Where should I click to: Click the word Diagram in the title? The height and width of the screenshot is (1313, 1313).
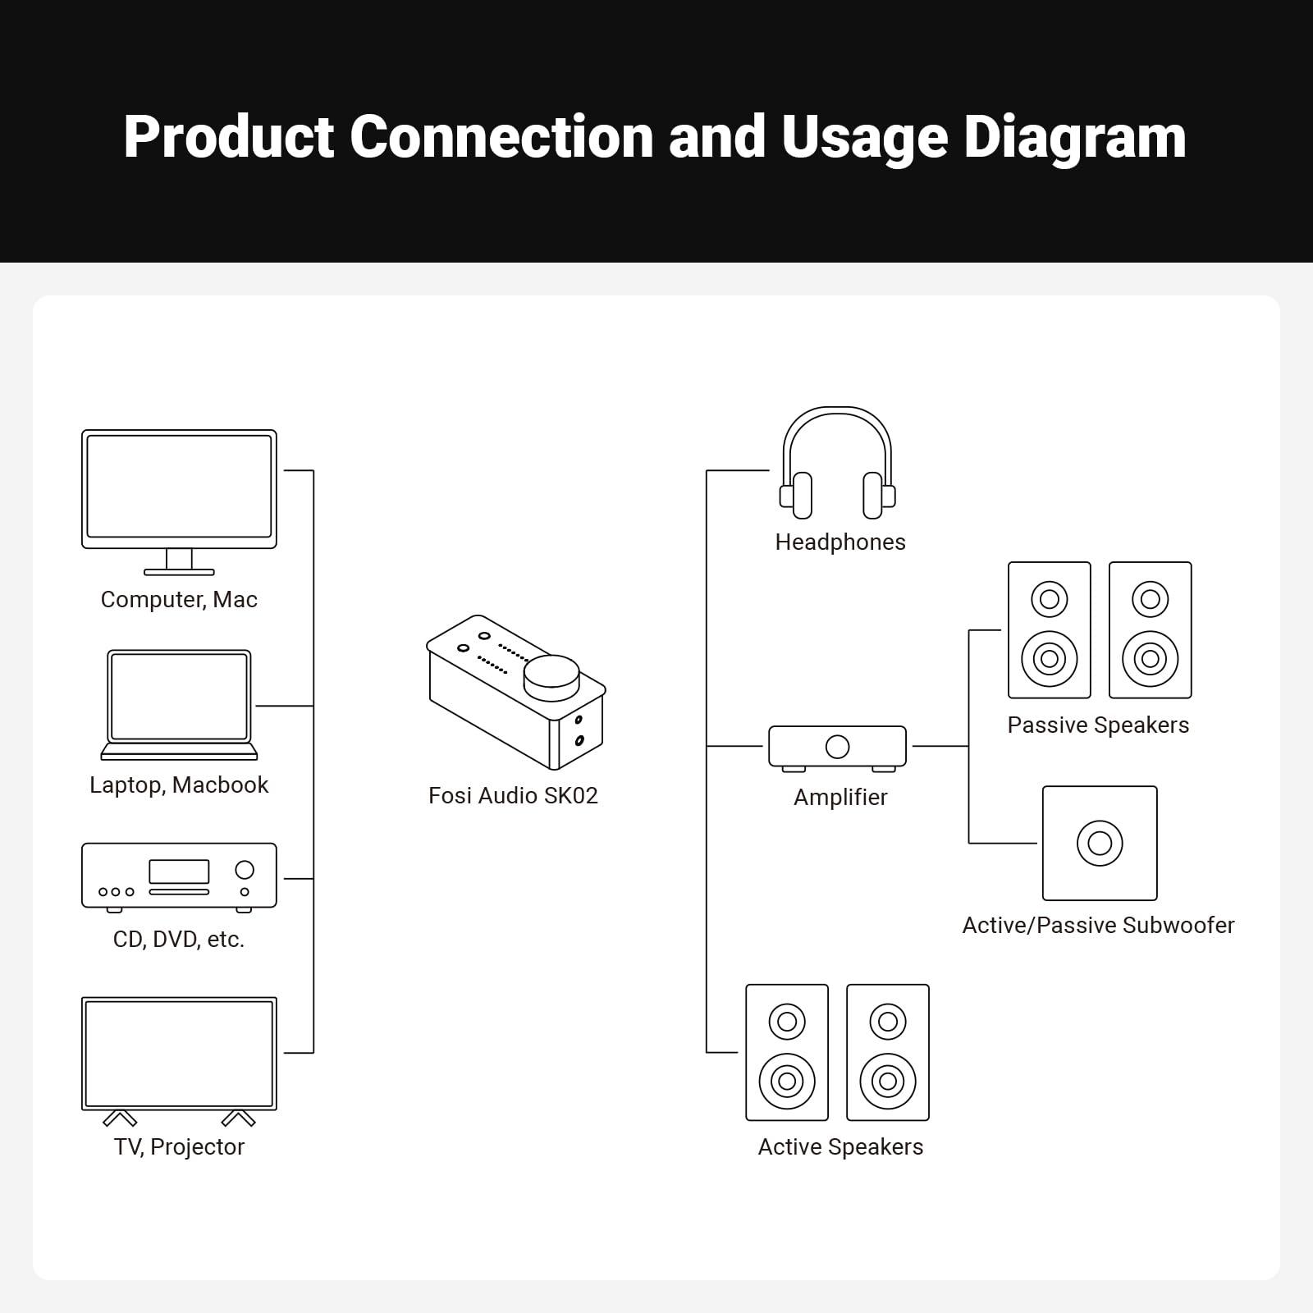(x=1074, y=137)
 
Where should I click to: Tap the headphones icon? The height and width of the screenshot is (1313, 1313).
(x=837, y=464)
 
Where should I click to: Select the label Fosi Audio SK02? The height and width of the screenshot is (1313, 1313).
(x=513, y=795)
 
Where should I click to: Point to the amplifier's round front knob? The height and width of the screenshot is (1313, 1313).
(x=837, y=747)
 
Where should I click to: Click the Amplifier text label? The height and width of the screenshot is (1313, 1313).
(x=840, y=797)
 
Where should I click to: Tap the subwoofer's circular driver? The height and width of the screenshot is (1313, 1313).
(x=1100, y=843)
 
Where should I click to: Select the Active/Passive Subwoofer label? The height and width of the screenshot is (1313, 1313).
(x=1098, y=925)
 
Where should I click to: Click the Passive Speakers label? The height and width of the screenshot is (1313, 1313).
(x=1098, y=725)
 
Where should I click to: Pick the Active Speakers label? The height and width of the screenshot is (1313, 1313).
(x=840, y=1146)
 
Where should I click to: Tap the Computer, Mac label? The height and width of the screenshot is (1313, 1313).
(x=179, y=599)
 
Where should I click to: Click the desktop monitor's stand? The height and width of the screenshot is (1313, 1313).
(x=179, y=561)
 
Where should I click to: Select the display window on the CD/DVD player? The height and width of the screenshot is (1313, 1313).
(x=179, y=872)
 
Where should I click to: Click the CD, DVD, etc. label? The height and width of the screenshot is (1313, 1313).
(x=179, y=939)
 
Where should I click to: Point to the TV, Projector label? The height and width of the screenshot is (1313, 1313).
(x=179, y=1146)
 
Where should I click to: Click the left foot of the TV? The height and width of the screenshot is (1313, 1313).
(x=120, y=1119)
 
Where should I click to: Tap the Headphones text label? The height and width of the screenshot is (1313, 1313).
(x=840, y=542)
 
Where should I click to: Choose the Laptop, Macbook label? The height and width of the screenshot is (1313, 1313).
(x=179, y=785)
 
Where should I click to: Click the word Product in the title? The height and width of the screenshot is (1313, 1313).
(x=230, y=137)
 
